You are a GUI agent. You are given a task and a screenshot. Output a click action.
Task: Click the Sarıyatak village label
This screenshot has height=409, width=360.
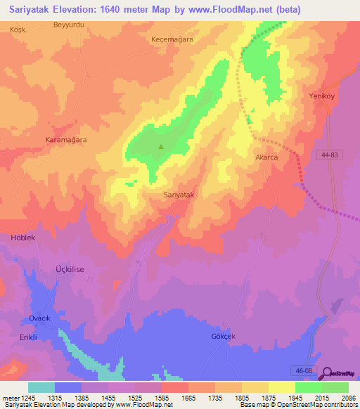pos(178,194)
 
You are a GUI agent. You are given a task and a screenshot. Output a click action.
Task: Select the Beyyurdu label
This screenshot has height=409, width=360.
pos(68,25)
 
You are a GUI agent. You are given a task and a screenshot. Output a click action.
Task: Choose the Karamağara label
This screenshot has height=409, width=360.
pos(65,141)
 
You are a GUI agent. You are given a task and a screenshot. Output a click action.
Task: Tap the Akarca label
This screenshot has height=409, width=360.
pos(266,157)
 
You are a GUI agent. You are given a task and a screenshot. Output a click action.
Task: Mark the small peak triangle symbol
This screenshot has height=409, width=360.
pos(161,147)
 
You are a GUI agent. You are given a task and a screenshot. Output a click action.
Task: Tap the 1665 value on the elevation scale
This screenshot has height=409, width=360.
pos(188,398)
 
